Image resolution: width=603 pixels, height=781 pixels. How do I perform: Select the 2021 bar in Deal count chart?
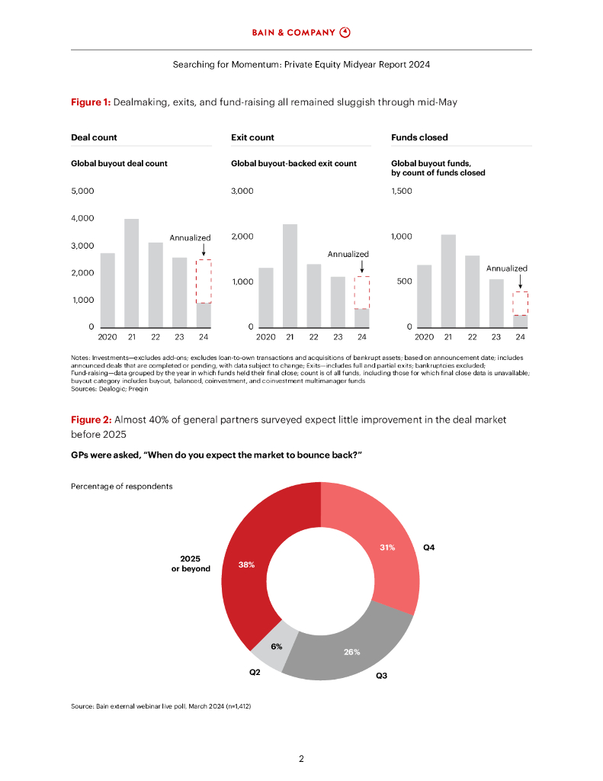coord(132,273)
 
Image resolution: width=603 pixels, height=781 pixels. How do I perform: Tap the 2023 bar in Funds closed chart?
coord(496,303)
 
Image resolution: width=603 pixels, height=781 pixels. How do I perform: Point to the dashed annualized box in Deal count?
coord(204,281)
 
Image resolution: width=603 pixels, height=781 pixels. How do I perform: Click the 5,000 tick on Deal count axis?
coord(82,191)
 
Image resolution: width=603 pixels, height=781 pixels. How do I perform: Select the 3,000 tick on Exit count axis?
coord(242,191)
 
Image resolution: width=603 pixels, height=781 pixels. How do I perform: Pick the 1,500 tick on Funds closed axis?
coord(401,191)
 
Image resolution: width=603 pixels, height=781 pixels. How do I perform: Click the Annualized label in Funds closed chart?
coord(507,268)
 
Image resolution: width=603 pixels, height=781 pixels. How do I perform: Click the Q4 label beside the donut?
coord(429,548)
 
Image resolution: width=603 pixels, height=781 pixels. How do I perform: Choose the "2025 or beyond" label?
coord(191,564)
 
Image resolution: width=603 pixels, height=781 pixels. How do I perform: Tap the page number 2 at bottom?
coord(301,759)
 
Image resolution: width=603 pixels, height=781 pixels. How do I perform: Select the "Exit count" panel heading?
coord(252,137)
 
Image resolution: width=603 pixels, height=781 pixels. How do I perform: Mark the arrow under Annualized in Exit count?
coord(361,266)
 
